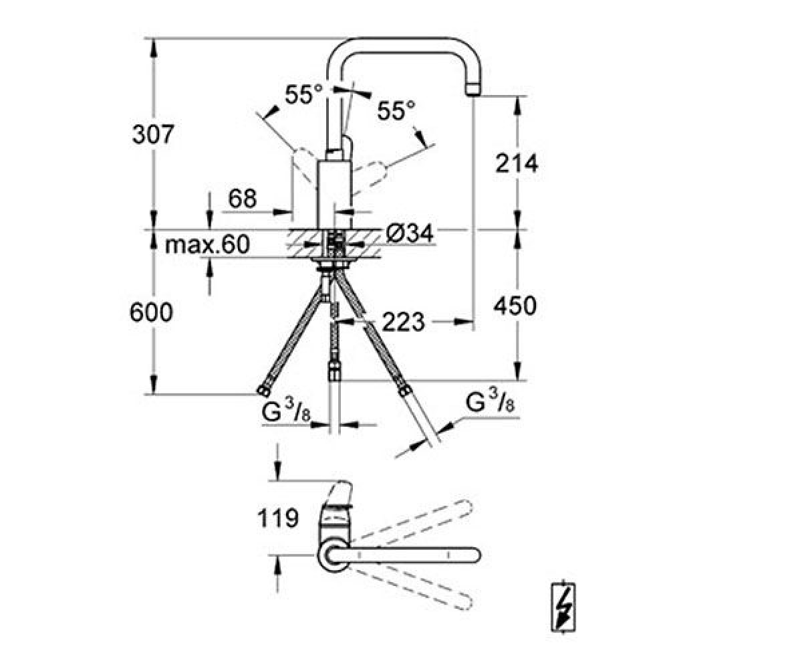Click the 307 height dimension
tap(153, 134)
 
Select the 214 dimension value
tap(517, 163)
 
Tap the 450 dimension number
tap(515, 306)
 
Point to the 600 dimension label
tap(151, 312)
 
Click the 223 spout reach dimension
tap(404, 322)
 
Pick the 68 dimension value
tap(242, 199)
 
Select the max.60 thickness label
tap(207, 244)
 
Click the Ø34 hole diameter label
tap(410, 233)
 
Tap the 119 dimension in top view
tap(278, 518)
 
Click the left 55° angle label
tap(303, 94)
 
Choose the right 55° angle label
tap(396, 110)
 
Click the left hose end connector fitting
tap(263, 391)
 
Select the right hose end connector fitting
tap(404, 389)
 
